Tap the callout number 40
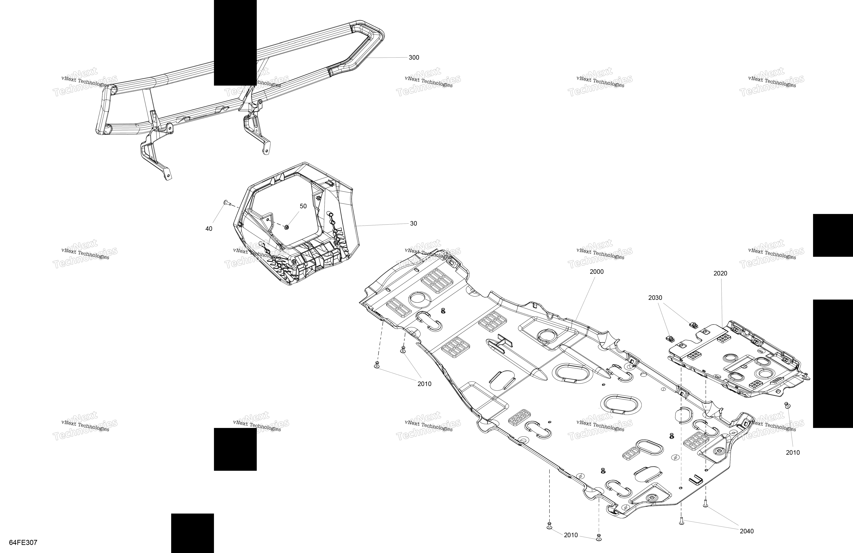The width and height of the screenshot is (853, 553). point(209,229)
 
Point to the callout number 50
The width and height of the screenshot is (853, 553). point(303,206)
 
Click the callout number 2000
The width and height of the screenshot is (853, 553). point(597,272)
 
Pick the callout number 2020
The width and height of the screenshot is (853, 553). point(720,273)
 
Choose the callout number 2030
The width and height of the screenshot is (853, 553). point(655,298)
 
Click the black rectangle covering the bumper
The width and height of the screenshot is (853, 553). point(235,43)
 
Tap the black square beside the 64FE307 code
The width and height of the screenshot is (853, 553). point(192,533)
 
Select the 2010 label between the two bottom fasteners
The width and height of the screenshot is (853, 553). point(571,535)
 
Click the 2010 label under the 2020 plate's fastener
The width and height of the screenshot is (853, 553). point(793,453)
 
